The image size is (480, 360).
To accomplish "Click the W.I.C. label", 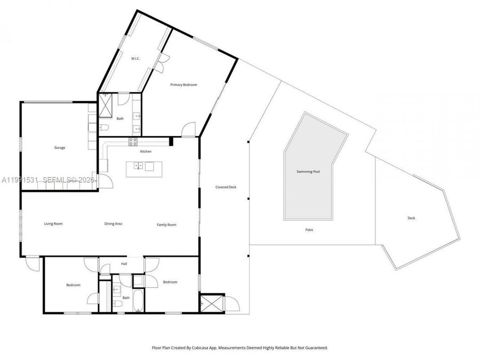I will [135, 58].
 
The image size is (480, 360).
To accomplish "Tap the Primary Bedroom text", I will [183, 85].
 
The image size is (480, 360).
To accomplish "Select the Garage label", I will [59, 148].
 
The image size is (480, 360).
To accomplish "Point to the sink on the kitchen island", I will [138, 167].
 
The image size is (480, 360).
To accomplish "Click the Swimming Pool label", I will [308, 172].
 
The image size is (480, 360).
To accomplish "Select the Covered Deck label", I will [226, 187].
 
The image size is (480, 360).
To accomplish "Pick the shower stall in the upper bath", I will [105, 105].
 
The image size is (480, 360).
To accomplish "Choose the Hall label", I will [124, 263].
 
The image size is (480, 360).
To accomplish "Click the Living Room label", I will [53, 224].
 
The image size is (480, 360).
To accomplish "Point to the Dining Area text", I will [113, 224].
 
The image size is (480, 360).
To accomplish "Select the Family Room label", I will [166, 225].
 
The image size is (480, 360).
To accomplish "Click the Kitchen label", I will [146, 151].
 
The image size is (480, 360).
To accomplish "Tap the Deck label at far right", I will [411, 218].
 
